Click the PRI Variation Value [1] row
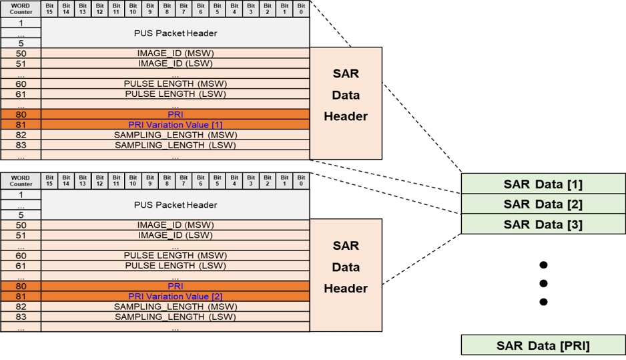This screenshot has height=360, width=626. coord(176,125)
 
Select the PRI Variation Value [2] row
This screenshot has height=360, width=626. coord(176,297)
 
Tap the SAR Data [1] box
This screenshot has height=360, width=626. coord(543,184)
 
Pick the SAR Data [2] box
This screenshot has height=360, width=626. coord(543,204)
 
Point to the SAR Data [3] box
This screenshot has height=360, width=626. coord(543,224)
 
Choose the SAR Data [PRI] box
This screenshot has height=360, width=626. coord(543,345)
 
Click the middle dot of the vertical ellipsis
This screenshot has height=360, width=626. coord(543,283)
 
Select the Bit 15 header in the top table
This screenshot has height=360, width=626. coord(49,9)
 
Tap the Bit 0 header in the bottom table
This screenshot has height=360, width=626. coord(302,181)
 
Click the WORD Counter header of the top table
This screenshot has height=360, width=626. coord(21,9)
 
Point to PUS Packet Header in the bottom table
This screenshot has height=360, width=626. coord(176,205)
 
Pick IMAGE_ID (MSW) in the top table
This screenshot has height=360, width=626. coord(176,53)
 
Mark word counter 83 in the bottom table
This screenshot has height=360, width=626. coord(21,317)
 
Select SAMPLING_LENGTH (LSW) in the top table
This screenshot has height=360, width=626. coord(176,145)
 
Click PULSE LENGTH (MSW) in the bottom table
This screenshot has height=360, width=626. coord(176,255)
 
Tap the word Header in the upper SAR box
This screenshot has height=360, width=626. coord(346,116)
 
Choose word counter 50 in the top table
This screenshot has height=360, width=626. coord(21,53)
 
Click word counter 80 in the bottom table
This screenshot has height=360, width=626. coord(21,286)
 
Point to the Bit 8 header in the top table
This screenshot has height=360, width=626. coord(167,9)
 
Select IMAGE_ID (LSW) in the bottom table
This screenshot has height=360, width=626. coord(176,235)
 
